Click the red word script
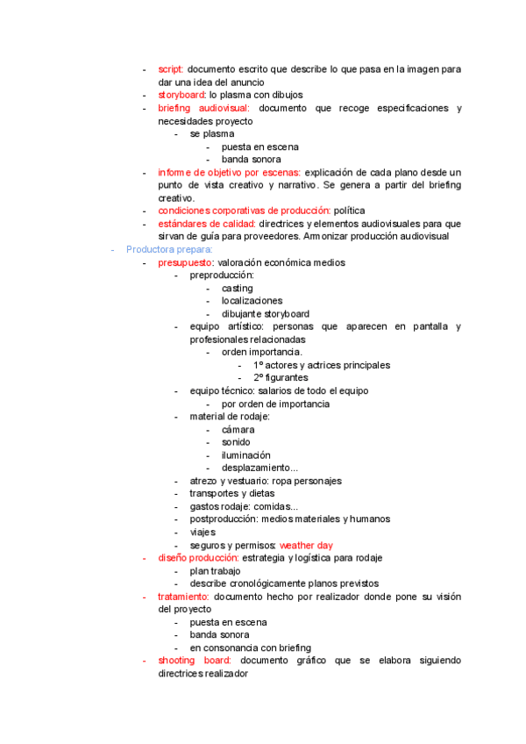[x=170, y=69]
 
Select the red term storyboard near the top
[x=181, y=95]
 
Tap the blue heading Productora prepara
[x=163, y=249]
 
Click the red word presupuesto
[x=185, y=262]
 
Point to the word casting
[x=237, y=288]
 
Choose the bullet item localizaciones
[x=252, y=301]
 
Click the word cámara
[x=238, y=430]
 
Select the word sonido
[x=236, y=442]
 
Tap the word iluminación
[x=245, y=455]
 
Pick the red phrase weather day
[x=306, y=545]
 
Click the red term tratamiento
[x=183, y=597]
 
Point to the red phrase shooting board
[x=195, y=661]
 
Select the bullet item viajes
[x=203, y=532]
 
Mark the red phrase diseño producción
[x=198, y=558]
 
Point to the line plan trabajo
[x=215, y=571]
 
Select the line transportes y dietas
[x=231, y=494]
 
